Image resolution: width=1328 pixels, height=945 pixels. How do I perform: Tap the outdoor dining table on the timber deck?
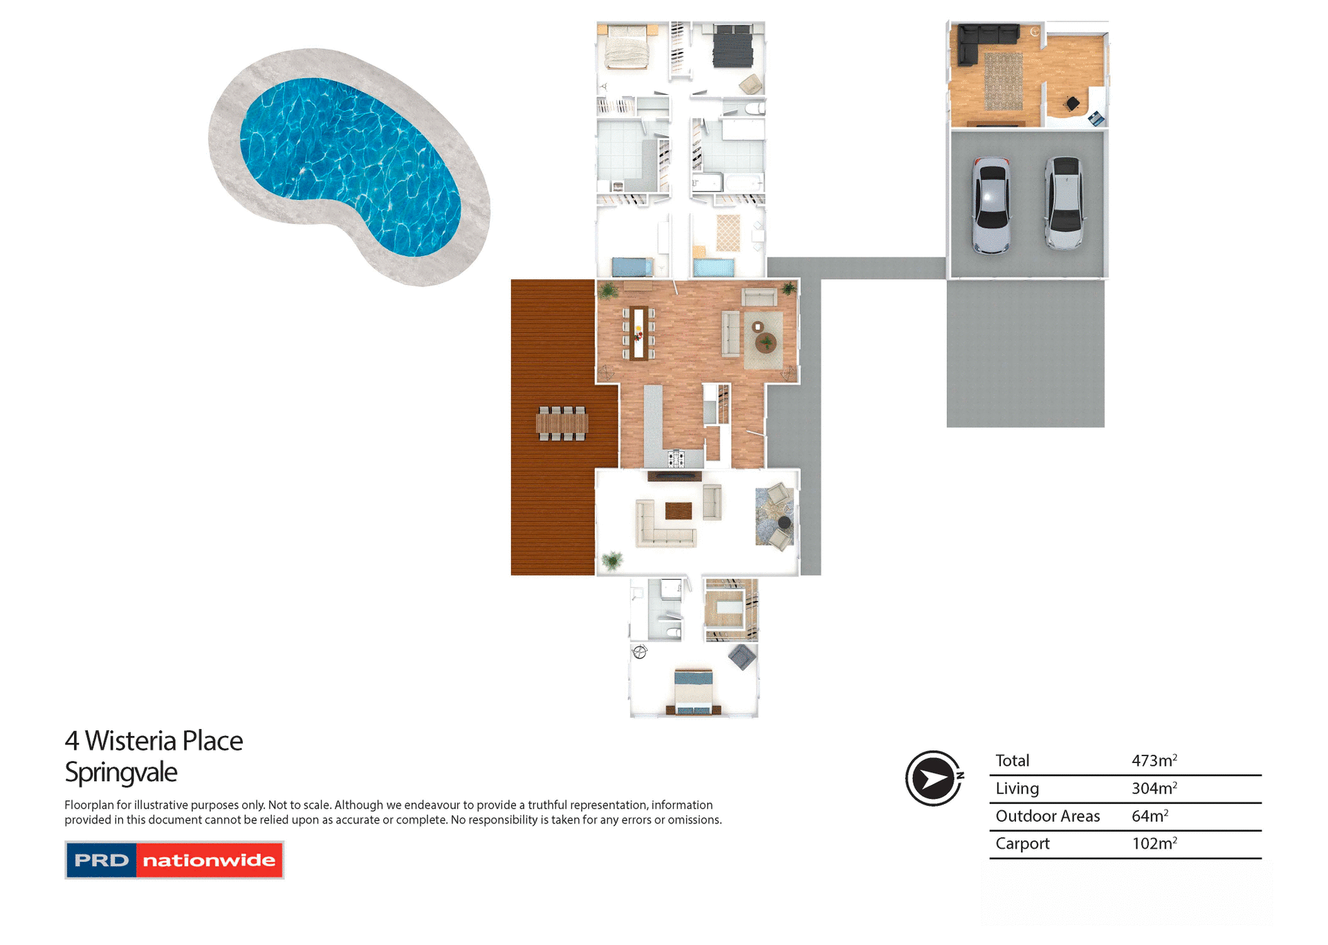(562, 423)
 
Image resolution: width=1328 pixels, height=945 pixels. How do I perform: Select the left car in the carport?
(991, 205)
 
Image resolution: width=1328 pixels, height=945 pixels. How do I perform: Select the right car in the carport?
(1064, 203)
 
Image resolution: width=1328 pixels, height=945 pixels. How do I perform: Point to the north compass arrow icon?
(933, 778)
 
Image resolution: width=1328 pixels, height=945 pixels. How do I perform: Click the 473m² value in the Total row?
(1154, 760)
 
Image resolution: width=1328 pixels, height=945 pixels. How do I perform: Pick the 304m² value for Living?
(1154, 788)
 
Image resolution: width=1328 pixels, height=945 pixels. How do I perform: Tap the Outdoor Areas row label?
(1047, 816)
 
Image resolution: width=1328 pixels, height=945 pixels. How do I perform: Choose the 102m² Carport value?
(1154, 843)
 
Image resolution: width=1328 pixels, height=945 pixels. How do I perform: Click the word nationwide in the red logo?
(209, 860)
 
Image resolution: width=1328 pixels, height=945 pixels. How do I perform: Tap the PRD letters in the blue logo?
(101, 860)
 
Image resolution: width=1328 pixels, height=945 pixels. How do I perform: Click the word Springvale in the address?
(121, 772)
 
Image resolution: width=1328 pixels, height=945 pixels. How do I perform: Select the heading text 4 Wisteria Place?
(154, 741)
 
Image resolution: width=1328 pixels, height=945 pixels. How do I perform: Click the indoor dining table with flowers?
(638, 333)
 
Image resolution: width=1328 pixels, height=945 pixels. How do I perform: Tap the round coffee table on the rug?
(766, 342)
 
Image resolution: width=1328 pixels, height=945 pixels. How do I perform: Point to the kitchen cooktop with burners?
(676, 457)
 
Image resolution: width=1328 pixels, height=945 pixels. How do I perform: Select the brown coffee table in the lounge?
(678, 511)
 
